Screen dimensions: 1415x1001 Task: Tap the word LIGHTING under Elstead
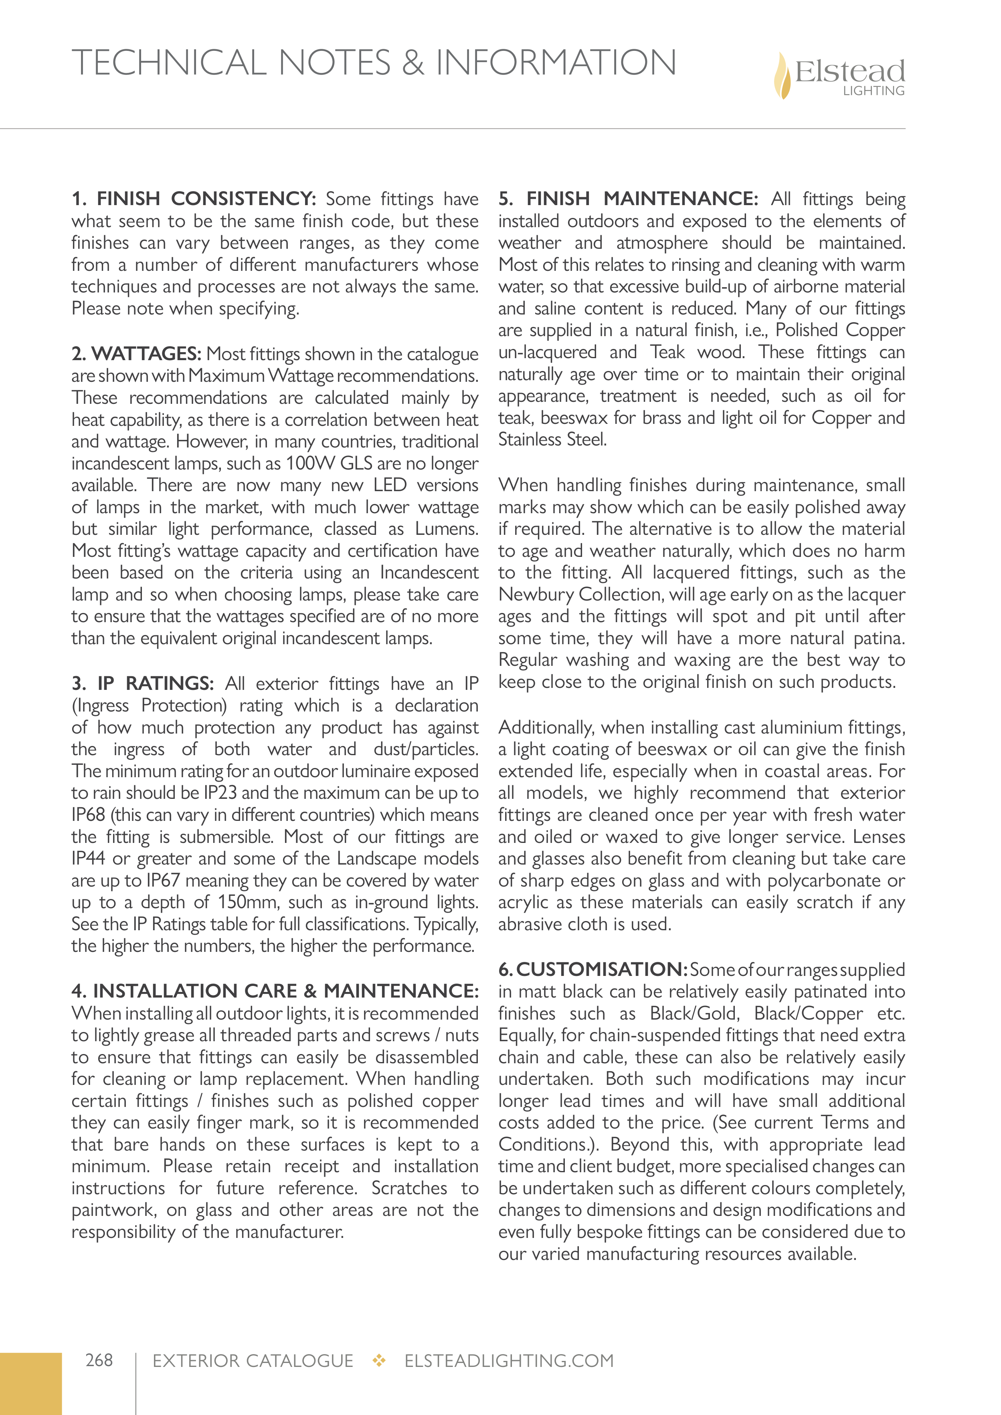click(874, 91)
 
